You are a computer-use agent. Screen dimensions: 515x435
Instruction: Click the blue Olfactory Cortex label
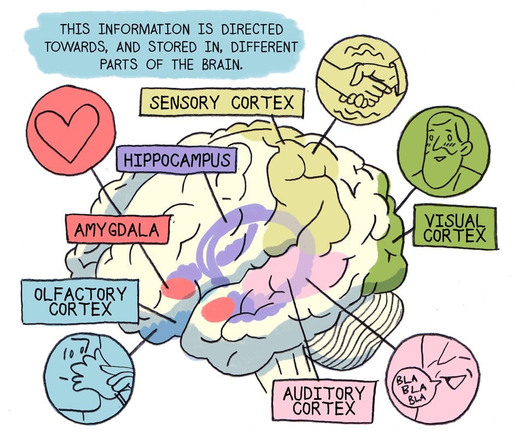click(79, 301)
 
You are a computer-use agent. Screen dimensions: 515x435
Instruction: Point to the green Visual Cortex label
click(454, 228)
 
